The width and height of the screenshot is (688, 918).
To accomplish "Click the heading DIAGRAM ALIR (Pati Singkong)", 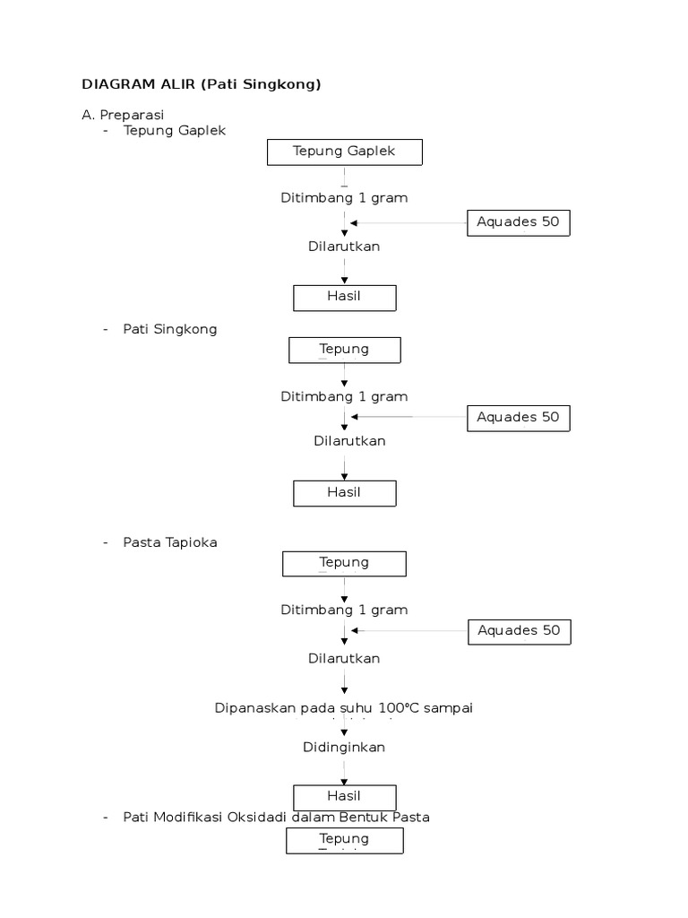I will point(201,84).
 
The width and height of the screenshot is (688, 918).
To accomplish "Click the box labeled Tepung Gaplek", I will point(344,152).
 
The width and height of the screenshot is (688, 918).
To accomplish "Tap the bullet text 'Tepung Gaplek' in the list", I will point(175,130).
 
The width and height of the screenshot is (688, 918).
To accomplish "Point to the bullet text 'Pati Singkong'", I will point(170,329).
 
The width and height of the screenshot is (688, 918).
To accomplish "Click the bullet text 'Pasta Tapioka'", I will point(170,542).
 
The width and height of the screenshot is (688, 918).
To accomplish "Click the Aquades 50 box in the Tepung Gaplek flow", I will point(518,222).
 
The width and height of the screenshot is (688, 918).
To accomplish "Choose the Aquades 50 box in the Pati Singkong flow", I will point(518,417).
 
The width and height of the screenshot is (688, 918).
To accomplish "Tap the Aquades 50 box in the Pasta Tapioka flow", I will point(519,630).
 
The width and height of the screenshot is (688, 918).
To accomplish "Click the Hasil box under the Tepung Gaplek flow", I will point(344,297).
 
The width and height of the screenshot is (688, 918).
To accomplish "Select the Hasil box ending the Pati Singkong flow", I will point(344,492).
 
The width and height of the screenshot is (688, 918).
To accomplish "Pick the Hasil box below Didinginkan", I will point(344,796).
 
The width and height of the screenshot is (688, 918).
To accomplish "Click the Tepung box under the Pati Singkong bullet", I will point(344,349).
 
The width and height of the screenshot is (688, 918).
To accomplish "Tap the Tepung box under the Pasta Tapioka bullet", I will point(344,563).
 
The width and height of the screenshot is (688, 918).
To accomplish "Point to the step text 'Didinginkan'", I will point(344,747).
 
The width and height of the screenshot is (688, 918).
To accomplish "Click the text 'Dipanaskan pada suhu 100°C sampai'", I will point(344,707).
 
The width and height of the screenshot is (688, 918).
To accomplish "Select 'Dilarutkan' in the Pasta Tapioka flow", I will point(344,658).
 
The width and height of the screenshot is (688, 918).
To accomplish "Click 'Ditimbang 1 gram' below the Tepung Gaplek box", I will point(344,197).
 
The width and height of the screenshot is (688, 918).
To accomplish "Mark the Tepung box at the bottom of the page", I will point(344,840).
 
